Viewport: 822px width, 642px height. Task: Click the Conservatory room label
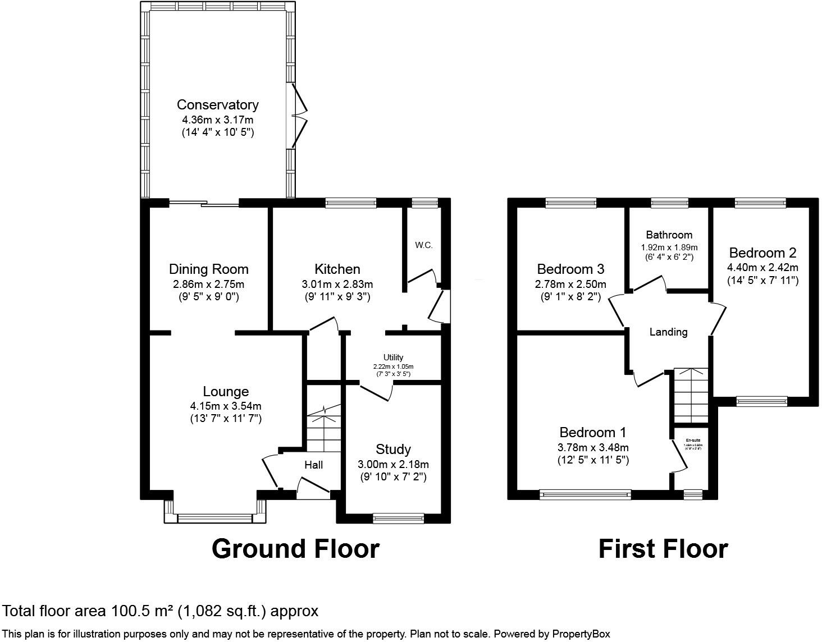pos(217,105)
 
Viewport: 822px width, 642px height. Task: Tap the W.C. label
pos(424,245)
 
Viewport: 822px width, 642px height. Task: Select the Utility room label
pos(393,357)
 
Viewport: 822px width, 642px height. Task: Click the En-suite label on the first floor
pos(693,441)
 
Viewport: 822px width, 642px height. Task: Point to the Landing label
pos(668,332)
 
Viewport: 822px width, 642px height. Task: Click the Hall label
pos(313,465)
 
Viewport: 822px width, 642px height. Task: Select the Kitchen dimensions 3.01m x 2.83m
pos(337,285)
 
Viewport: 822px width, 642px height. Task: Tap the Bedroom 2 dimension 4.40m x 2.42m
pos(762,268)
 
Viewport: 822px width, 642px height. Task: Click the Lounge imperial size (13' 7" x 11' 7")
pos(226,418)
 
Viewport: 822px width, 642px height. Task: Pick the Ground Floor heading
pos(295,549)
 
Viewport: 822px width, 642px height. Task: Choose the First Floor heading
pos(663,549)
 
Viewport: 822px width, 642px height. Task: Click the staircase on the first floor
pos(691,396)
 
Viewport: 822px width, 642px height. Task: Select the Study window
pos(399,518)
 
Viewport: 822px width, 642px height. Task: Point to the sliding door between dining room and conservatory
pos(204,203)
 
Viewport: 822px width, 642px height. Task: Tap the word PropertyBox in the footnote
pos(581,634)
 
